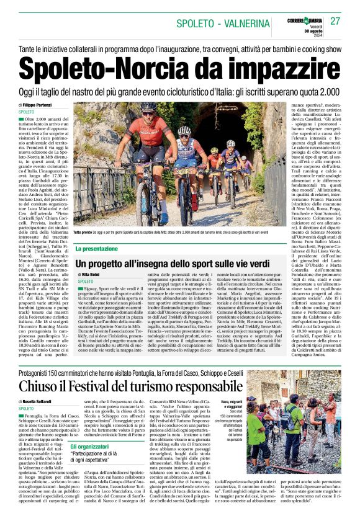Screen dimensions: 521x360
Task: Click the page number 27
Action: [x=336, y=20]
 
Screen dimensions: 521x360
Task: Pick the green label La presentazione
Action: [x=99, y=249]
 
